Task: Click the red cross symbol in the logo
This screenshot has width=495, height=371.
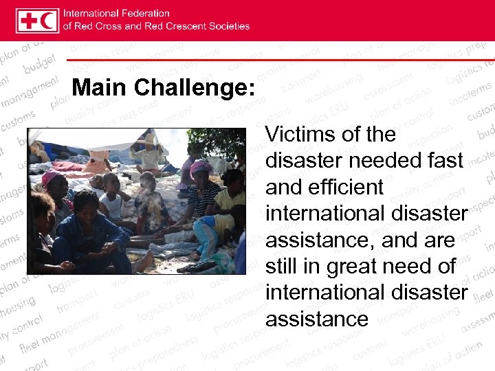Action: [27, 20]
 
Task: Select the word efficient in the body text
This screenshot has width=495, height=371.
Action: [348, 186]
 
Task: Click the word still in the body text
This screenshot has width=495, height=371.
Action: [281, 266]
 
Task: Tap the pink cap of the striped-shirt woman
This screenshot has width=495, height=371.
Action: [201, 167]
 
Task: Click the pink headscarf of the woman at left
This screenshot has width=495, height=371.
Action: [52, 177]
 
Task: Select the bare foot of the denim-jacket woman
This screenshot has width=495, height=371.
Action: [144, 262]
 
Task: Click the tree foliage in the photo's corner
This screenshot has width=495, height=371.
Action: [227, 141]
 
